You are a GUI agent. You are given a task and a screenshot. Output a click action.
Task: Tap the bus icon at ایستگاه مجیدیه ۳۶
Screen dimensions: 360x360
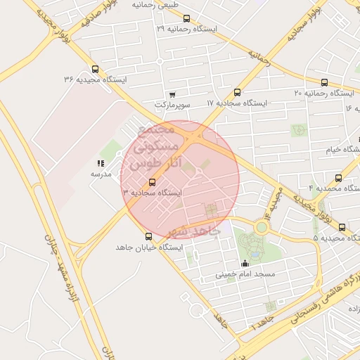pos(95,70)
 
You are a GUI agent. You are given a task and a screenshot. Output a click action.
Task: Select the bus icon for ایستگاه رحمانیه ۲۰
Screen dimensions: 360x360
pos(323,82)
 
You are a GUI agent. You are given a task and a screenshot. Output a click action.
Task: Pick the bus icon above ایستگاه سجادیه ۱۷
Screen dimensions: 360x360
pos(237,92)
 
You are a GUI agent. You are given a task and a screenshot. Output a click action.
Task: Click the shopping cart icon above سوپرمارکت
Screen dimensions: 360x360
pos(173,94)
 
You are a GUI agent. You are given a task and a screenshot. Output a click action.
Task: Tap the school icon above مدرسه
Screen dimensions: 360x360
pos(101,163)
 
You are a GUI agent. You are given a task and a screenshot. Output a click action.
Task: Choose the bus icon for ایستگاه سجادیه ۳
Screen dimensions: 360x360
pos(153,183)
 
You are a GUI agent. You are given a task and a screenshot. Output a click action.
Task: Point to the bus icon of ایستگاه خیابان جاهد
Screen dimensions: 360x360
pos(148,237)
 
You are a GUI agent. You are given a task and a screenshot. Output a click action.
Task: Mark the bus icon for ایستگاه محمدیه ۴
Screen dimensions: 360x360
pos(338,178)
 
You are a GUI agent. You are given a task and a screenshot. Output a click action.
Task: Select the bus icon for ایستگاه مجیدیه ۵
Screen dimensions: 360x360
pos(342,227)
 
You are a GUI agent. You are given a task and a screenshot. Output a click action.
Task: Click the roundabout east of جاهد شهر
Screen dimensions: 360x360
pos(262,227)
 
